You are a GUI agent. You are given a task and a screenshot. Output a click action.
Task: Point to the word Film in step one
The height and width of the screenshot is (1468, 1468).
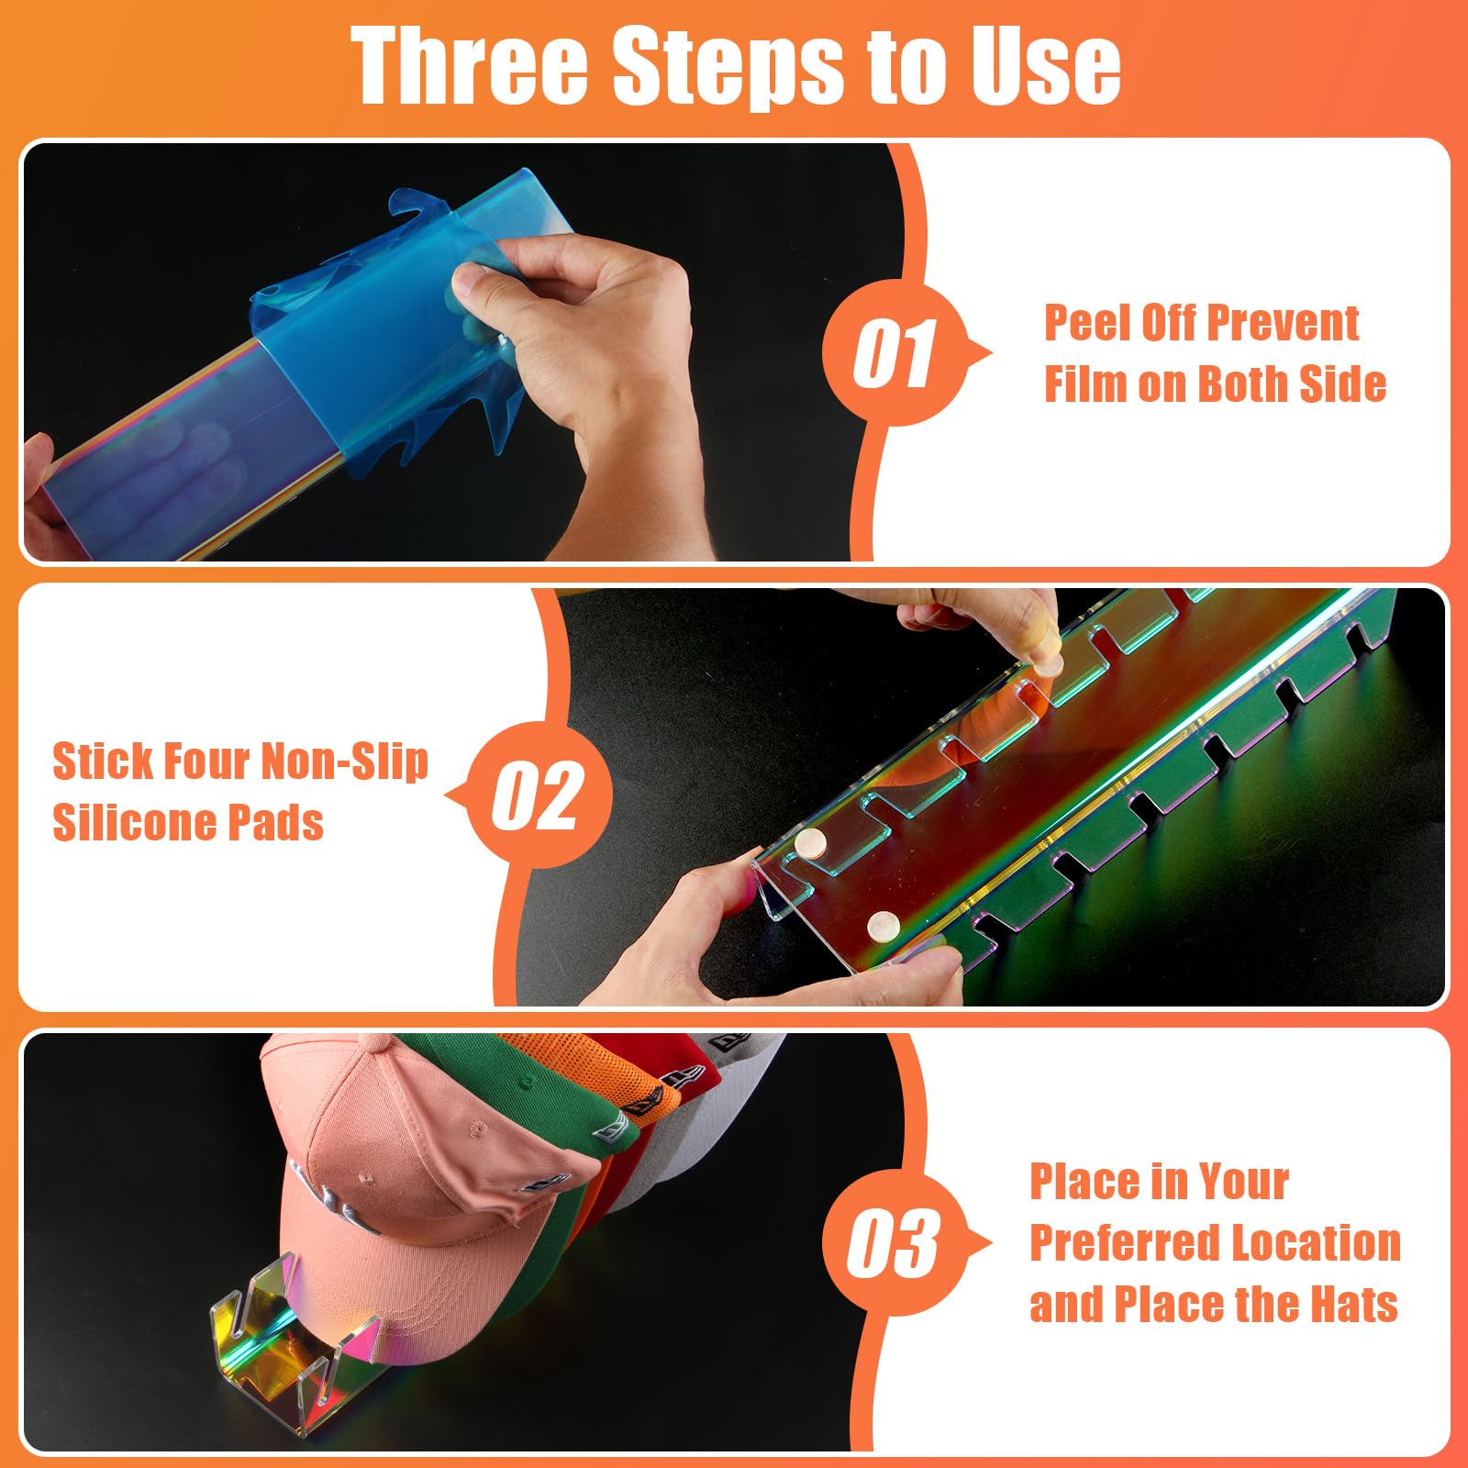[1085, 384]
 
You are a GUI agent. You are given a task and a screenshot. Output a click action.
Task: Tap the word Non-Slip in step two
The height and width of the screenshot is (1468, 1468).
[345, 762]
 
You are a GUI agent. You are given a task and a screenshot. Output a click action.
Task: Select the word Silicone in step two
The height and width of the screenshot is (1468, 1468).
[134, 822]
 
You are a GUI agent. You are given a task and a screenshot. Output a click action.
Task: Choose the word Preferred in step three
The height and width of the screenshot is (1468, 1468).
[1124, 1244]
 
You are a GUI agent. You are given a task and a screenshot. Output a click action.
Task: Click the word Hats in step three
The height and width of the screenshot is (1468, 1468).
[1353, 1304]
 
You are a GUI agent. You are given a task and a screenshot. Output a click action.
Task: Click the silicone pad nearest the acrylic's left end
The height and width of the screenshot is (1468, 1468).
[810, 844]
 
